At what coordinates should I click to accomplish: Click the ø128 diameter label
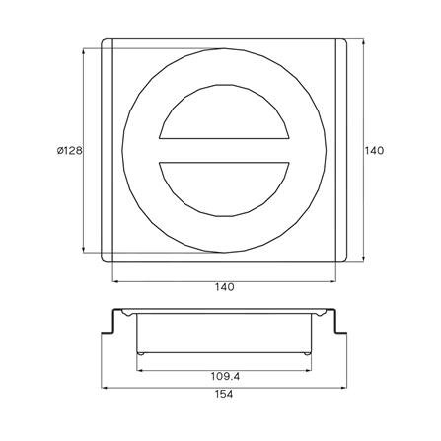69,151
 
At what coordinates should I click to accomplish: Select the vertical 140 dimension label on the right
374,151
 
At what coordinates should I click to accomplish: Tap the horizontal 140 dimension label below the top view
225,287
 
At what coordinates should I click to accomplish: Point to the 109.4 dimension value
225,376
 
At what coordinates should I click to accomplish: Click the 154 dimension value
224,394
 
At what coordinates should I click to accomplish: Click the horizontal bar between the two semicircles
224,151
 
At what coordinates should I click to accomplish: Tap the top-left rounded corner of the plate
104,40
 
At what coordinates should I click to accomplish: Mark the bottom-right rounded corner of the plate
344,260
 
